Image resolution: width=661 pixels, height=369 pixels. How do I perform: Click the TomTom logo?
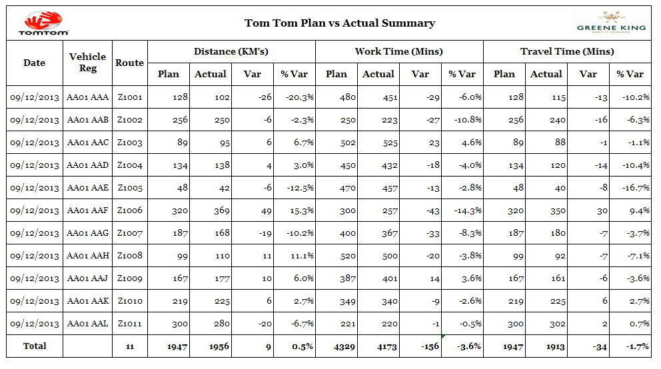43,23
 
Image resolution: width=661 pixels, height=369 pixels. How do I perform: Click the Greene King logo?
611,23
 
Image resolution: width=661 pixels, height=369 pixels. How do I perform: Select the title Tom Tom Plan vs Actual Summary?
340,23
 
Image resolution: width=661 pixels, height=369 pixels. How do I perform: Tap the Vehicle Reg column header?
88,63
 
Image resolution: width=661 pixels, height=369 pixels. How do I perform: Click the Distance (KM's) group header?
231,51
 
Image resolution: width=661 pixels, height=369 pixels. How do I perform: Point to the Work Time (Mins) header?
398,51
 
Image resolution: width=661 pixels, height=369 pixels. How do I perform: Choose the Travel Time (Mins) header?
567,51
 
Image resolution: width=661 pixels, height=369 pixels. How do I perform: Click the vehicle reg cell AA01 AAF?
88,210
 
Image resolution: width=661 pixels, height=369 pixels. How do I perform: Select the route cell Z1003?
130,143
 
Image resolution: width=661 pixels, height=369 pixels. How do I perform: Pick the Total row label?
35,346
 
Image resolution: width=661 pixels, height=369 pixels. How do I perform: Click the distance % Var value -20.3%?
300,97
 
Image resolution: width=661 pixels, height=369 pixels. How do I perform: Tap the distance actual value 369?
221,210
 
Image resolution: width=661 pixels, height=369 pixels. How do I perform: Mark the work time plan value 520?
348,256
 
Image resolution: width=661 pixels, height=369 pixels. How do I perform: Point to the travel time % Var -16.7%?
636,188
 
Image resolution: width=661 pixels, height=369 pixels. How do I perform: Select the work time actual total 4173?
386,346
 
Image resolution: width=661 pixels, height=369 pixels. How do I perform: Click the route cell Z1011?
130,324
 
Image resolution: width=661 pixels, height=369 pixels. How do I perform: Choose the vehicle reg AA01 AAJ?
87,278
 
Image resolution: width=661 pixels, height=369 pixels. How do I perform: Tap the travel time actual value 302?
557,324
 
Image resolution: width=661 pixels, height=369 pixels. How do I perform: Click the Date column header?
34,63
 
